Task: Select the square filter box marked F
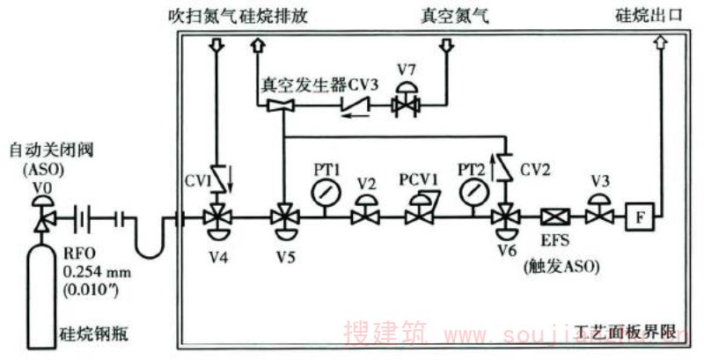tap(635, 216)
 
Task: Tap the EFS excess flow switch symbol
tap(556, 216)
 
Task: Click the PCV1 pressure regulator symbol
tap(417, 214)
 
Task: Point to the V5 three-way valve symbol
tap(283, 217)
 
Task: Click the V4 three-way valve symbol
tap(216, 217)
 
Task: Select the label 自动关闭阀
tap(43, 151)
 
